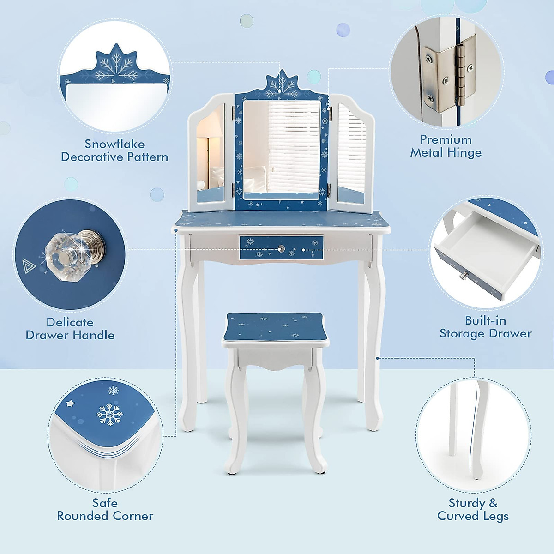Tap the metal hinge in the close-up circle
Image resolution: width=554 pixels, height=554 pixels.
(451, 74)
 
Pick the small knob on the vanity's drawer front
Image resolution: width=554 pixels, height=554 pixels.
(281, 249)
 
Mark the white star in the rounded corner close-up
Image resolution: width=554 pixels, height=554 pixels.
(71, 403)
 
